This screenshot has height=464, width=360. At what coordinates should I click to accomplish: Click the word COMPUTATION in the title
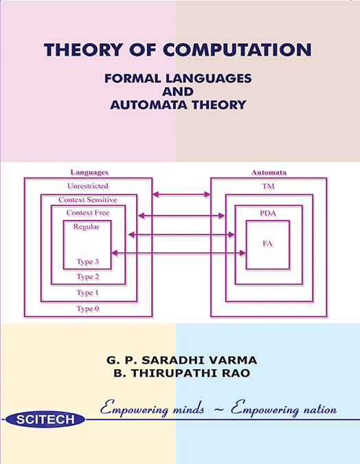[237, 49]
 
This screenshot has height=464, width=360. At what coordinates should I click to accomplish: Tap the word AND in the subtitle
[178, 91]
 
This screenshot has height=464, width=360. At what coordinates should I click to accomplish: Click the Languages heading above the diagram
[89, 173]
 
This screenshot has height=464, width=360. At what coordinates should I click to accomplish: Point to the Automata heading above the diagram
[269, 173]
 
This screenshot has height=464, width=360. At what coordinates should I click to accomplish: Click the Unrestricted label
[88, 186]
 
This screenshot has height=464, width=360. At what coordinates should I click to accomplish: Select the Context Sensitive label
[88, 200]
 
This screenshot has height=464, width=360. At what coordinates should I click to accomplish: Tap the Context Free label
[88, 213]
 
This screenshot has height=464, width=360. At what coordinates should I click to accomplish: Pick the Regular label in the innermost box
[87, 227]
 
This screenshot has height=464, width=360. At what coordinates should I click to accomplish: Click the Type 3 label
[88, 262]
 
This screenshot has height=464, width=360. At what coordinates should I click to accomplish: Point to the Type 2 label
[88, 277]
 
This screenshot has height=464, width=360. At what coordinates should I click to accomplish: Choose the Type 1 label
[88, 293]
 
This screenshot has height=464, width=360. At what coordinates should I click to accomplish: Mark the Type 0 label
[88, 309]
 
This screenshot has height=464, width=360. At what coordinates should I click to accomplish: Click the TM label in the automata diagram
[268, 186]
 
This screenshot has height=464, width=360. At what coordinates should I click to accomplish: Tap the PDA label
[268, 213]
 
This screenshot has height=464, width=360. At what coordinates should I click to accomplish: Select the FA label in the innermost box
[267, 244]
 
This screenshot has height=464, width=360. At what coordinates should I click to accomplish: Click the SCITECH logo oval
[45, 419]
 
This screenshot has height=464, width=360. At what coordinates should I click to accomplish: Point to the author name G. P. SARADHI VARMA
[181, 360]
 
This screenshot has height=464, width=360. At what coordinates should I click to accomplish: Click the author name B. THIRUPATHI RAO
[182, 373]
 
